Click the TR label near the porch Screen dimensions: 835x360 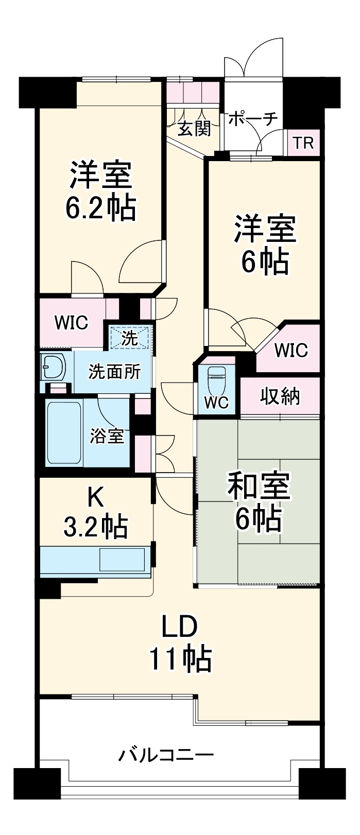click(x=303, y=143)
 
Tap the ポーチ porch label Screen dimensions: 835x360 click(x=253, y=119)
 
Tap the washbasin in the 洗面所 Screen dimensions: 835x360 click(x=54, y=367)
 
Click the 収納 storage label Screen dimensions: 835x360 click(x=280, y=396)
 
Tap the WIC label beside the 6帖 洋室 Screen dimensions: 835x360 click(x=291, y=350)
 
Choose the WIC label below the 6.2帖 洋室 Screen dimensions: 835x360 click(x=72, y=323)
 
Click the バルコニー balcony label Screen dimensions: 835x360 click(x=167, y=756)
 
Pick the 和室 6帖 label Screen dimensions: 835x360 click(x=259, y=502)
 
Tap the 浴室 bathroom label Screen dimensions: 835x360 click(x=107, y=436)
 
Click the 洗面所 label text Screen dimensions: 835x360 click(x=114, y=371)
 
